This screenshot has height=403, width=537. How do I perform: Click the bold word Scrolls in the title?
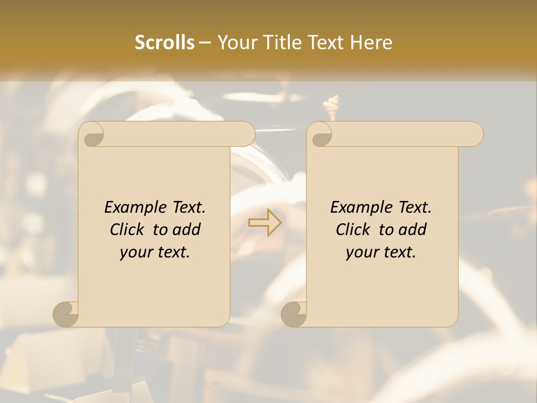click(165, 43)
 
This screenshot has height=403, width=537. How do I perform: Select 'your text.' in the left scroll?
click(155, 252)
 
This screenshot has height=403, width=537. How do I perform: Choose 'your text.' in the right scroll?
click(381, 252)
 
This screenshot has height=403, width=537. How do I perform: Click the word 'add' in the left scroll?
click(187, 229)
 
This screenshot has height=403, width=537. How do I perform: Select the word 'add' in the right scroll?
click(413, 229)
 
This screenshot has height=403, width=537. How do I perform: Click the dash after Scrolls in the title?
click(205, 43)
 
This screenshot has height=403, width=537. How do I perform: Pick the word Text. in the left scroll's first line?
click(185, 207)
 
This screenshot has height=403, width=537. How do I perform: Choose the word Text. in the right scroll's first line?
click(411, 207)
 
